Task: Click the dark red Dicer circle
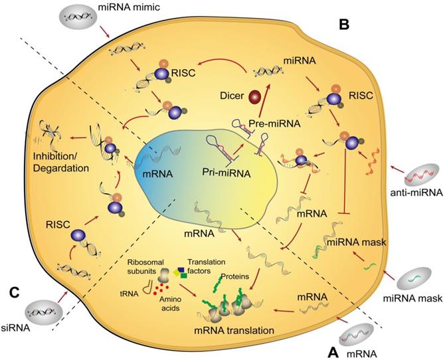(254, 98)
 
